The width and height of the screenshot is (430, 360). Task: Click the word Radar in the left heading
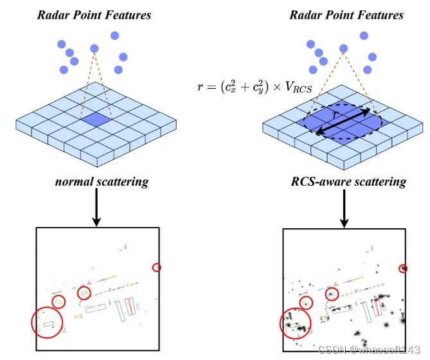(55, 14)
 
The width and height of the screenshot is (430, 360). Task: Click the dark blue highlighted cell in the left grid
(95, 119)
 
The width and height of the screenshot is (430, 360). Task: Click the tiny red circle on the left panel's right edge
(156, 267)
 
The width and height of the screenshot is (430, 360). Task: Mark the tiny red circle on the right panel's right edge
(403, 268)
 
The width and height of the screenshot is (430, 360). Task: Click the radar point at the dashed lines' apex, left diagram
(95, 48)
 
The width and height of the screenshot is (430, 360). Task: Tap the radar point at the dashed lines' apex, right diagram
(344, 48)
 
